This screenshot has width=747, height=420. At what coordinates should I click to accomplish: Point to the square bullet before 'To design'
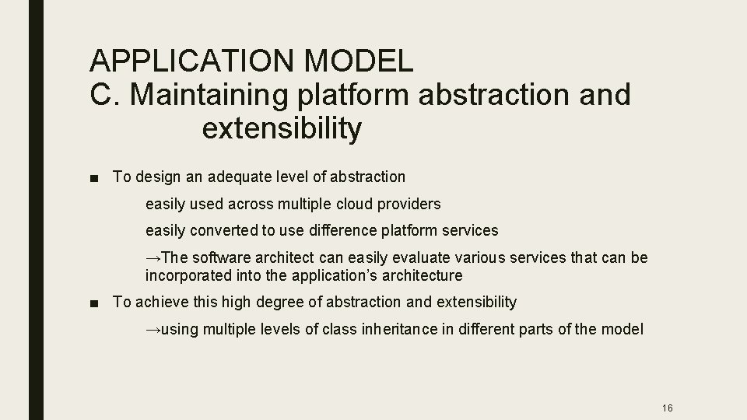[x=95, y=177]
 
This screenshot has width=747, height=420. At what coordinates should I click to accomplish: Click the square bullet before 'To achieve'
[x=95, y=303]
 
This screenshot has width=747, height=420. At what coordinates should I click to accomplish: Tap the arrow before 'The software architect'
[x=153, y=257]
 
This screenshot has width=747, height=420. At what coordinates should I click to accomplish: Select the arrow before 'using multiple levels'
[x=153, y=330]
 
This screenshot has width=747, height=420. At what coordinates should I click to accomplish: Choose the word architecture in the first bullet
[x=422, y=276]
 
